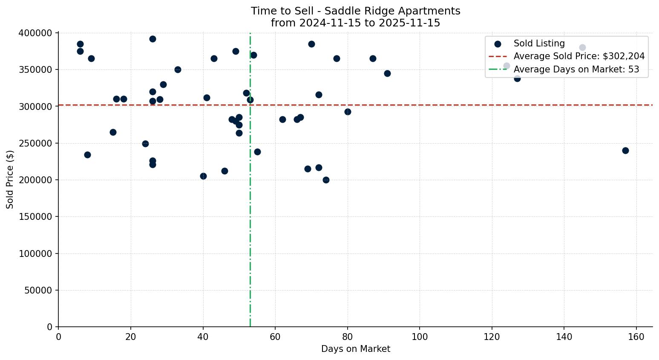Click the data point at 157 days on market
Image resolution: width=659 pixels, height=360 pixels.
point(625,150)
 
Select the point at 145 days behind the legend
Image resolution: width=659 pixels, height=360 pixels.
point(582,47)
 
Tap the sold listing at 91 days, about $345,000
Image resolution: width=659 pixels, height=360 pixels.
point(387,73)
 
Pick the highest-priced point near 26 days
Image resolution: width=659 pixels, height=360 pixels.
point(153,39)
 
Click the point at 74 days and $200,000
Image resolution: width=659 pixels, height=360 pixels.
point(326,180)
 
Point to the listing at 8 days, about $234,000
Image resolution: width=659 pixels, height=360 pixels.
point(87,155)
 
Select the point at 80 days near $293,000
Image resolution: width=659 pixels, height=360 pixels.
point(348,112)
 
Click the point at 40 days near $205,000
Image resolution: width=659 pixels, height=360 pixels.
point(203,176)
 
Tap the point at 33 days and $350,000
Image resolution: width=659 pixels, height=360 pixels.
point(178,69)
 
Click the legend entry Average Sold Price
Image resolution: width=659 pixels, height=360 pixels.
point(579,56)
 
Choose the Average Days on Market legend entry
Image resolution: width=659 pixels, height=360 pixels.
point(576,69)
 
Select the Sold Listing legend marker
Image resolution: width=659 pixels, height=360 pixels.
point(498,43)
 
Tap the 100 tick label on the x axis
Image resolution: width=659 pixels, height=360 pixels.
point(420,337)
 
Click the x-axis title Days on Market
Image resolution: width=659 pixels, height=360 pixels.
point(355,349)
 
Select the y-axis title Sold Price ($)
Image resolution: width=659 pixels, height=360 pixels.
point(10,179)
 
